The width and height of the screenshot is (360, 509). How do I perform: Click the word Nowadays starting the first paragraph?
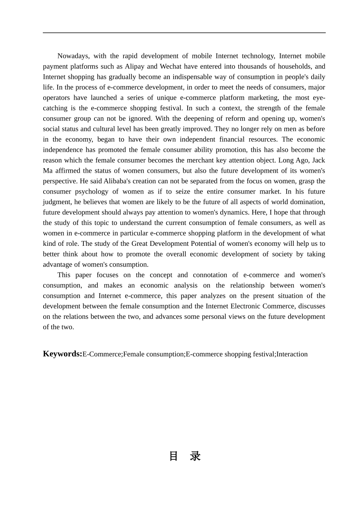(73, 56)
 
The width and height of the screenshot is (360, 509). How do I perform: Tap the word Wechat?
(171, 67)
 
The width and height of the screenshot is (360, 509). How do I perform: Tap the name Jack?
(318, 160)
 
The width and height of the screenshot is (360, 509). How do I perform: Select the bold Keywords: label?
(62, 354)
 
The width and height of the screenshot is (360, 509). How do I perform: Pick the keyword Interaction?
(292, 354)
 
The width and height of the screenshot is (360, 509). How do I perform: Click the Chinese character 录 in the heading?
(196, 456)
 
